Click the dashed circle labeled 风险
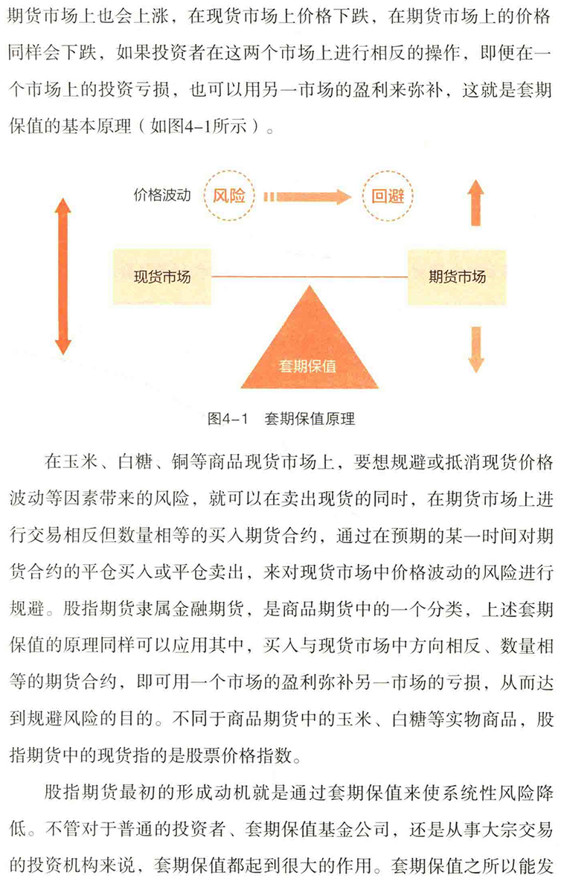coord(228,175)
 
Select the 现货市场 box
coord(161,277)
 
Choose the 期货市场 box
coord(457,277)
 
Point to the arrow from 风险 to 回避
coord(307,196)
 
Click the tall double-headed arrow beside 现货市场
coord(63,276)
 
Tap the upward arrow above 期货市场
coord(475,203)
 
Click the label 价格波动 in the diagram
coord(162,196)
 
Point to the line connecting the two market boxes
coord(310,277)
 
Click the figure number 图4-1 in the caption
coord(228,419)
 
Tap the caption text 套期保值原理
coord(310,419)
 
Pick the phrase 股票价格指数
coord(239,755)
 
